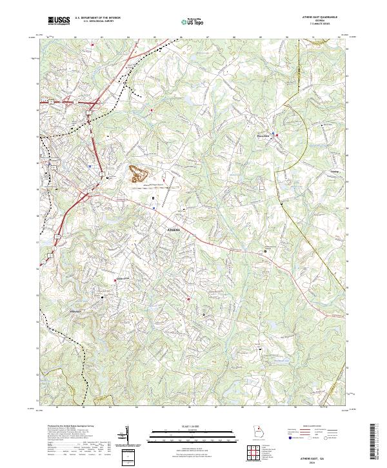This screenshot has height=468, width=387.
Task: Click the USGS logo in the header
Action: [x=59, y=21]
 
